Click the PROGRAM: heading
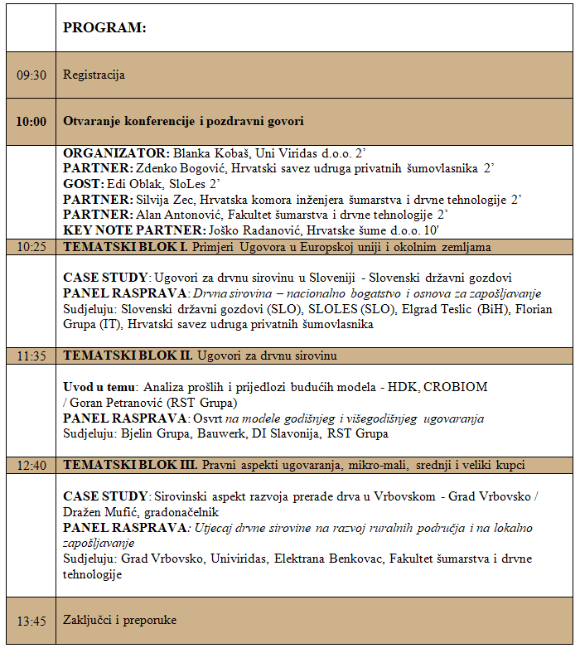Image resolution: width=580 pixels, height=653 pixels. (104, 27)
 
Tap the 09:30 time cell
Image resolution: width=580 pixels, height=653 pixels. (31, 75)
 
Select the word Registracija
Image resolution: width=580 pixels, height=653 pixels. (94, 75)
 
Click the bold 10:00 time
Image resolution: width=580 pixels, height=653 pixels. (31, 121)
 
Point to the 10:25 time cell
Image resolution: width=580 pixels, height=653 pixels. (31, 247)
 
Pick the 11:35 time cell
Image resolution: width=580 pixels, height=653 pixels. (31, 356)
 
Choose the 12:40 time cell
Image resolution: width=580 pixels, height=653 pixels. (31, 465)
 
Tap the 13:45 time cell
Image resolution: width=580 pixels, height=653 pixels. (31, 620)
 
